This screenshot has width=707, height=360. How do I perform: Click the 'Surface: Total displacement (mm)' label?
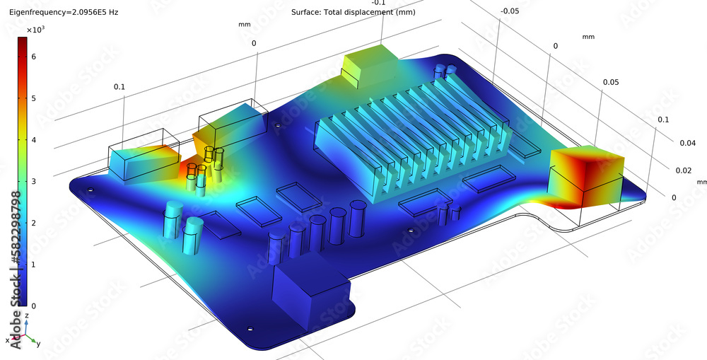pos(353,13)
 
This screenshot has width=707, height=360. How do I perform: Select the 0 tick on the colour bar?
pos(33,306)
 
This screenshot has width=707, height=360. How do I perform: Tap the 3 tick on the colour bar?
pos(33,181)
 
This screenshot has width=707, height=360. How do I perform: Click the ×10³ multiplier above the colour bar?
pos(35,30)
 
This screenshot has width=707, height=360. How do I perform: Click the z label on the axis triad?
pos(26,315)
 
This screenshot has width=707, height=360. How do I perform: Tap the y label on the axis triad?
pos(37,344)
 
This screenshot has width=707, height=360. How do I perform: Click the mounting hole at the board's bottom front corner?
pos(250,330)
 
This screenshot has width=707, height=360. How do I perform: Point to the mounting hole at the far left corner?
pos(90,190)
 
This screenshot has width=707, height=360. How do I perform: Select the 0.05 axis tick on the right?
pos(611,83)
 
